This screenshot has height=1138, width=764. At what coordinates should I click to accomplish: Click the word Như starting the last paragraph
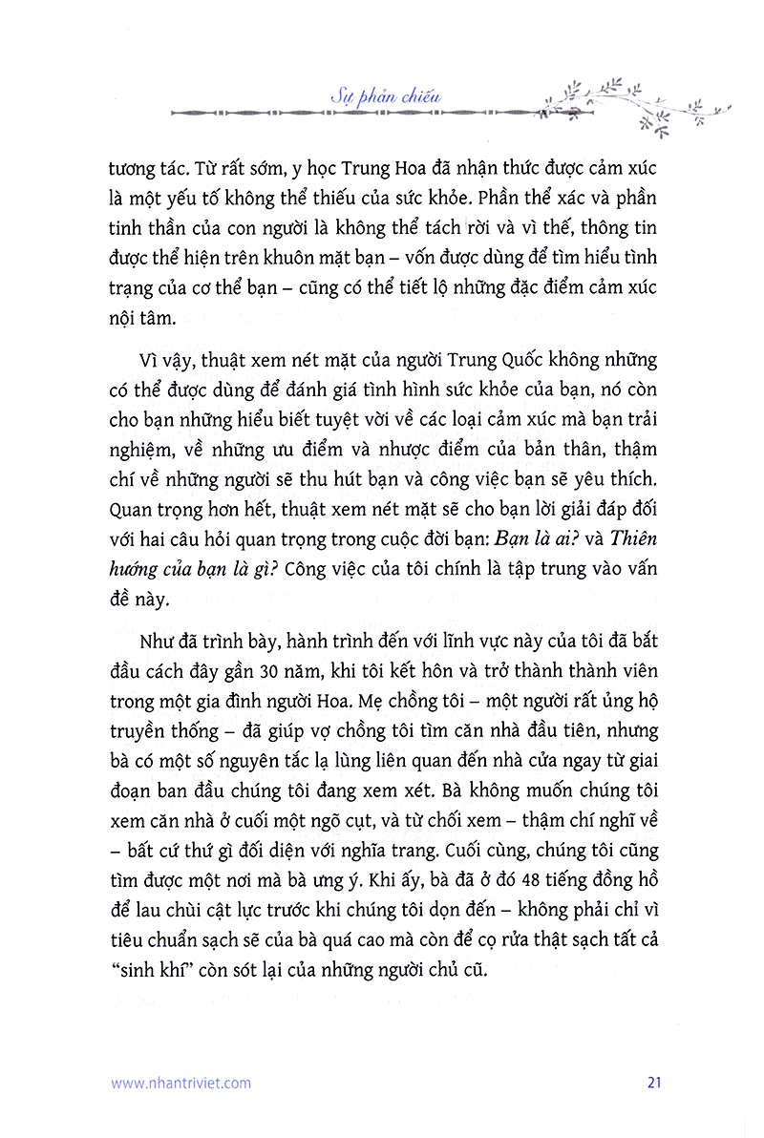point(157,640)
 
